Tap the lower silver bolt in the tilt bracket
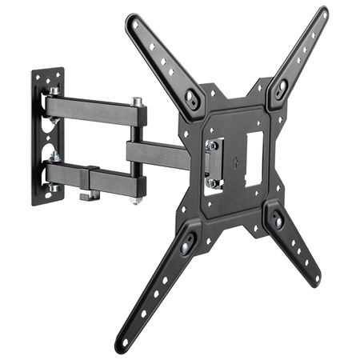(x=211, y=182)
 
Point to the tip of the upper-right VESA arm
(x=322, y=14)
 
